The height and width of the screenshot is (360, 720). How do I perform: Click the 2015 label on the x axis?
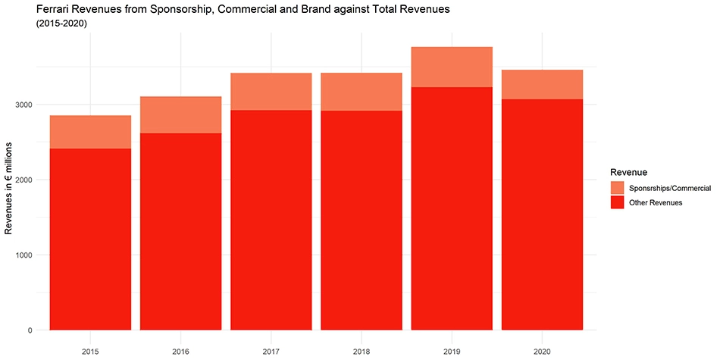click(90, 351)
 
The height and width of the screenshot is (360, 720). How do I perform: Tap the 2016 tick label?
click(180, 351)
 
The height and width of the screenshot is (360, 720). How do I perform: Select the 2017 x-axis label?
click(271, 351)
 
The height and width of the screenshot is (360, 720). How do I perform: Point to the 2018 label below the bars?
click(361, 351)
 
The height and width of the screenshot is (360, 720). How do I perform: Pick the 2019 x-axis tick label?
click(451, 351)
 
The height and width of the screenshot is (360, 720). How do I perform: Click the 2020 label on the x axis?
click(542, 351)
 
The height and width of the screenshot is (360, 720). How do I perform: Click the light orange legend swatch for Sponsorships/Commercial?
click(617, 188)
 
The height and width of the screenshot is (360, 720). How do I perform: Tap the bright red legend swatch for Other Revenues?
click(617, 202)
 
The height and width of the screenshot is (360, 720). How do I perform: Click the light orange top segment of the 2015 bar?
click(90, 132)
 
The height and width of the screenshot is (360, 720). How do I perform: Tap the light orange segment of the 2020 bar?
click(542, 84)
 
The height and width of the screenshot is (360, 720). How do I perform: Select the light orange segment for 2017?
click(271, 92)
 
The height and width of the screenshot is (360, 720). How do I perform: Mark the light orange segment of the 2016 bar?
click(180, 114)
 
